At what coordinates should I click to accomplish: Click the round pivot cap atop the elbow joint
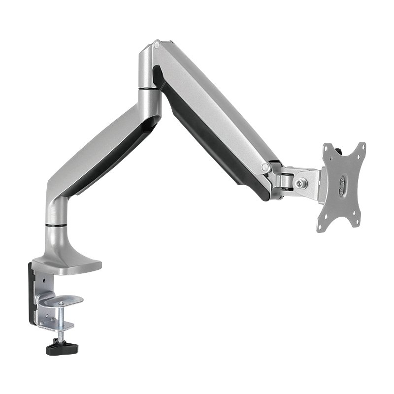tap(157, 45)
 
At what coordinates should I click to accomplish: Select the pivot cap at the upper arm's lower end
tap(266, 166)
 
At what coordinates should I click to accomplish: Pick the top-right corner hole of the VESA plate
tap(361, 146)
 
